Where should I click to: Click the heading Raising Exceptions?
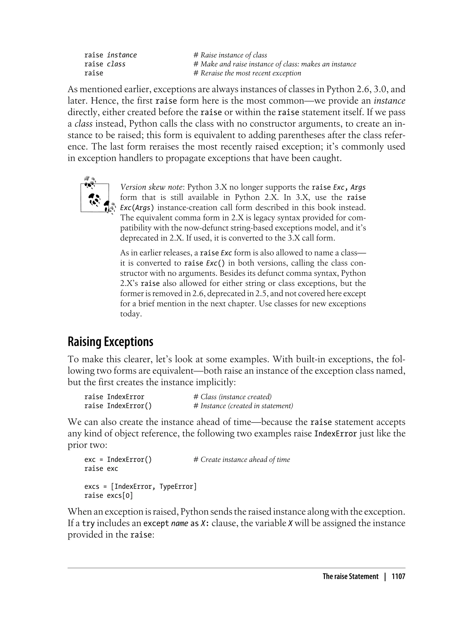coord(110,342)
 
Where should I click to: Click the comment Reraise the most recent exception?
coord(251,73)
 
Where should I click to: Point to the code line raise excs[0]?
coord(108,503)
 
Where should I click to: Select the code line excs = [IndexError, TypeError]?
coord(140,494)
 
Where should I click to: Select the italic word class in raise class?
coord(116,64)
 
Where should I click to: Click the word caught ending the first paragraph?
coord(328,158)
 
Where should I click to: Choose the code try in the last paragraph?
coord(88,524)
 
